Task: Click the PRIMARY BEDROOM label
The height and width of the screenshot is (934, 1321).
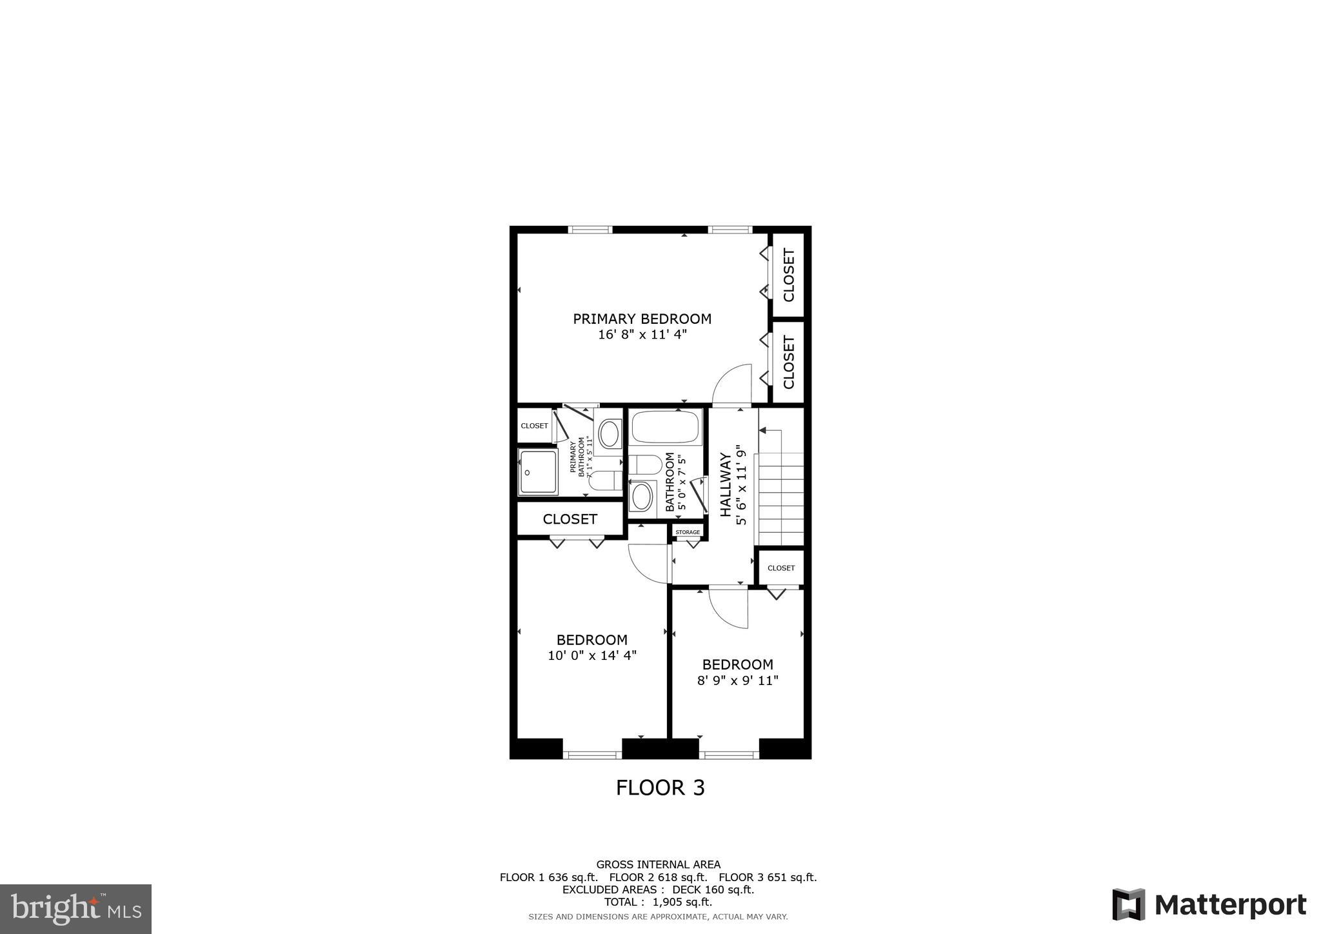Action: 642,319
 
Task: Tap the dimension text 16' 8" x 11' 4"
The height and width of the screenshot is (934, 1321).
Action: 642,335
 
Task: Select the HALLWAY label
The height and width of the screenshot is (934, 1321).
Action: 726,484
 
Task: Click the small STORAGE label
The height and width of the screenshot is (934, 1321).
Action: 688,532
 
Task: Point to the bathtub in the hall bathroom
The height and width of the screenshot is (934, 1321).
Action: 665,426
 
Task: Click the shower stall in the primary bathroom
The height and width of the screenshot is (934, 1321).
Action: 538,472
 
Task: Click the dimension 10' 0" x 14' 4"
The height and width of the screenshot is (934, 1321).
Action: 591,655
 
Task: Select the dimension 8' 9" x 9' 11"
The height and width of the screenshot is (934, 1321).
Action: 737,681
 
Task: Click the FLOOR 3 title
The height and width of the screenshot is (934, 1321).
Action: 660,788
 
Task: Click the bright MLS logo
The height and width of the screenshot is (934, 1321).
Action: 75,909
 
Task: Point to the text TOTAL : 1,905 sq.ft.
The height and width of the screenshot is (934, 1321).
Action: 658,902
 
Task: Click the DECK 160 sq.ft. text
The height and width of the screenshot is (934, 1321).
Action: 713,889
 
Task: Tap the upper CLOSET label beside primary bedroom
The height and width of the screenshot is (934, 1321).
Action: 788,275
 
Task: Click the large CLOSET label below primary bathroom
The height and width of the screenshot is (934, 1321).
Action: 570,519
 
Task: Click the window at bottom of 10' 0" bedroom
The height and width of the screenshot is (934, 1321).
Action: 592,753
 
